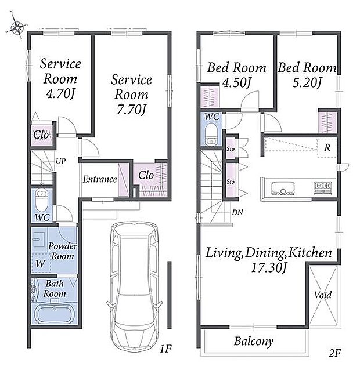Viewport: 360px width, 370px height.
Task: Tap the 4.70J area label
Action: tap(60, 95)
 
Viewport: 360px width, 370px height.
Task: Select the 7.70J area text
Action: tap(131, 110)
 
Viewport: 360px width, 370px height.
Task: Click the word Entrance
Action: tap(100, 179)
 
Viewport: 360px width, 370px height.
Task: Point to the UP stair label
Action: tap(60, 161)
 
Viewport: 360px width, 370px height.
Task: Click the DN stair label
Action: tap(237, 212)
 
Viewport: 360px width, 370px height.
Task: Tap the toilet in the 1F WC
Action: tap(42, 200)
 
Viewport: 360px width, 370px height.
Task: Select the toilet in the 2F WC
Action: tap(211, 135)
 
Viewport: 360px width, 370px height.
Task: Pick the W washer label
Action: tap(40, 263)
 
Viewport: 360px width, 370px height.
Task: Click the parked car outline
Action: tap(134, 288)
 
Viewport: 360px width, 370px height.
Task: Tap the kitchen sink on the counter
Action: tap(283, 188)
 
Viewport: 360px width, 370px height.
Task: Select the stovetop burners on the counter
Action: tap(323, 188)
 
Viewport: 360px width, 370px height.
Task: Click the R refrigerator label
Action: tap(327, 148)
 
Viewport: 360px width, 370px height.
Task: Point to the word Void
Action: tap(323, 295)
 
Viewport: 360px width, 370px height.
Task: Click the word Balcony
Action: tap(254, 342)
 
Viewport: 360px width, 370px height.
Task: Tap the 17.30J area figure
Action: tap(268, 268)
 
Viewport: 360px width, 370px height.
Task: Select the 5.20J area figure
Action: tap(307, 82)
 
